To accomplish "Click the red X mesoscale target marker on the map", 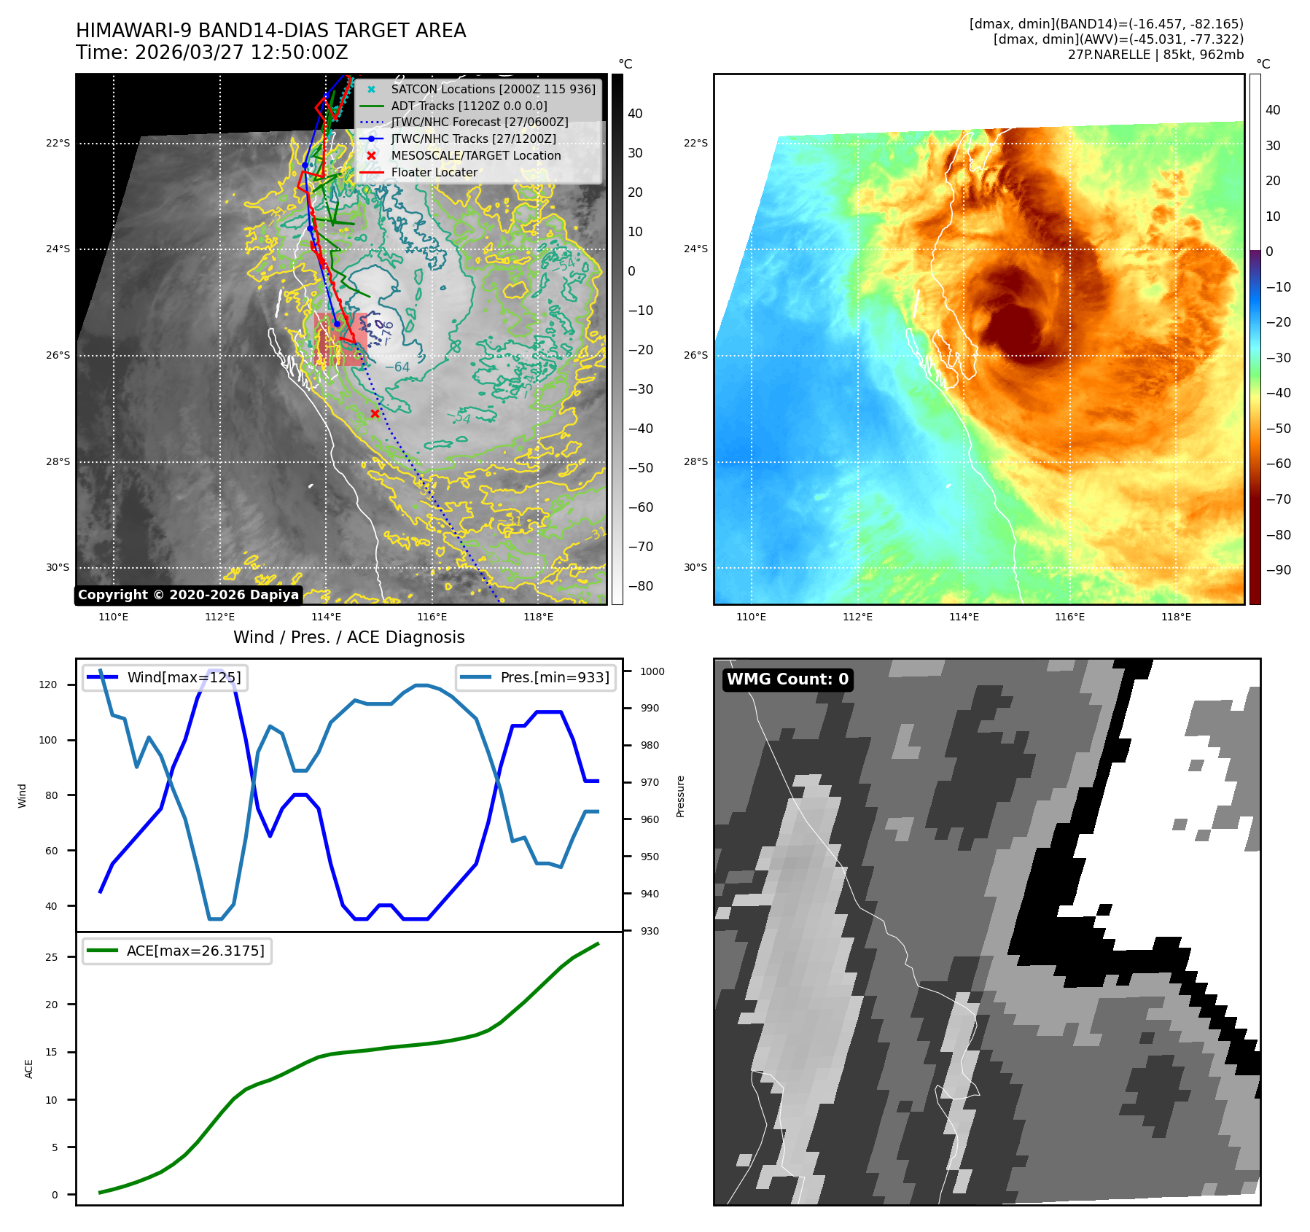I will tap(375, 413).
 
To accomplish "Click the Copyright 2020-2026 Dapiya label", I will tap(188, 595).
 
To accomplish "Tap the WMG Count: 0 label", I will tap(787, 679).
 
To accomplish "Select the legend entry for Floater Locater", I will tap(434, 173).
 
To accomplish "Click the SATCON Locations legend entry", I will tap(493, 89).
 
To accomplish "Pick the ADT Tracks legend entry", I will tap(469, 106).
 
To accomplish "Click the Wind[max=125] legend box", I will tap(165, 677).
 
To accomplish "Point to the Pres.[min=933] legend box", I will tap(536, 677).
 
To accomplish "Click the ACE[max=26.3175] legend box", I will tap(177, 951).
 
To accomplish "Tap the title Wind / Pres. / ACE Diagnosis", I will tap(348, 637).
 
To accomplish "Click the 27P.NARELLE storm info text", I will tap(1155, 55).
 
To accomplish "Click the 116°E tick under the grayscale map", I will tap(432, 617).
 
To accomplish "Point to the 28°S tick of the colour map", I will tap(695, 461).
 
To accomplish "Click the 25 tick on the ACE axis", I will tap(51, 957).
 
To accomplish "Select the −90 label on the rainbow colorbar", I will tap(1278, 570).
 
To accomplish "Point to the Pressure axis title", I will tap(680, 796).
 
